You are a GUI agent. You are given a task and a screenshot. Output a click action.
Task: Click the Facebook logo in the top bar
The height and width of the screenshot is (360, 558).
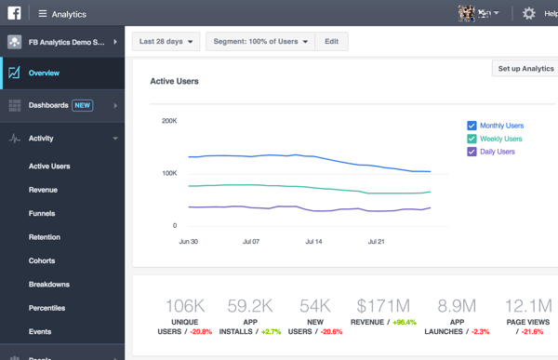click(x=14, y=14)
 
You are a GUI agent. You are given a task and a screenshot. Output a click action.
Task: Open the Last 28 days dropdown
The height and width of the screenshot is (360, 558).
click(x=167, y=42)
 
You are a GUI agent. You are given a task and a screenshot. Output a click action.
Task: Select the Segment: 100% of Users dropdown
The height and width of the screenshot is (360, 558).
click(x=260, y=42)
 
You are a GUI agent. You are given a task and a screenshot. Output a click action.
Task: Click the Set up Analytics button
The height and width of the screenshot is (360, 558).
click(x=525, y=69)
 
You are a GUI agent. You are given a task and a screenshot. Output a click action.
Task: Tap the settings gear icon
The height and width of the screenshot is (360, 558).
click(x=528, y=14)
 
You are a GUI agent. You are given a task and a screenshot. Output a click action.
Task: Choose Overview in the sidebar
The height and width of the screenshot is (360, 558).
click(x=44, y=73)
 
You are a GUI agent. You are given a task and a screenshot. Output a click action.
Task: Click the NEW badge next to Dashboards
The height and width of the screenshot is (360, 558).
click(x=83, y=106)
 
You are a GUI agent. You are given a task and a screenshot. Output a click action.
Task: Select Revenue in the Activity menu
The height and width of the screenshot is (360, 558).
click(x=43, y=190)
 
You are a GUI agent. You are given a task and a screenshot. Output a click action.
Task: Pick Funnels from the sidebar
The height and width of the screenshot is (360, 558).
click(x=42, y=214)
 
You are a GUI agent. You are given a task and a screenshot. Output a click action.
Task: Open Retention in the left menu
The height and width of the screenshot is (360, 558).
click(x=45, y=237)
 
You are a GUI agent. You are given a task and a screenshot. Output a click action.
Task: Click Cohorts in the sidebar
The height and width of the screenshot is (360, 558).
click(x=42, y=260)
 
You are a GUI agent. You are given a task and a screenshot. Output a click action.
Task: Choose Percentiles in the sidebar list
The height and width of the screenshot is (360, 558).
click(x=47, y=308)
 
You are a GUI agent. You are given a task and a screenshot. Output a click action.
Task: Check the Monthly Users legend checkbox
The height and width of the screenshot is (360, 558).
click(x=472, y=126)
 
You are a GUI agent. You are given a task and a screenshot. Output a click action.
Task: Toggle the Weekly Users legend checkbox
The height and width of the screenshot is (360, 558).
click(x=472, y=139)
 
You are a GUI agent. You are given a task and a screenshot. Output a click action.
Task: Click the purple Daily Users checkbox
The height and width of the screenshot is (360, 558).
click(x=472, y=152)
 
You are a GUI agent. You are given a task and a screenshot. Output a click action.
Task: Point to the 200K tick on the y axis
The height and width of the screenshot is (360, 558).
click(x=168, y=121)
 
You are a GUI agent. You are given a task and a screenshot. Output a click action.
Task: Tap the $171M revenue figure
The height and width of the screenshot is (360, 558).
click(x=382, y=306)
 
